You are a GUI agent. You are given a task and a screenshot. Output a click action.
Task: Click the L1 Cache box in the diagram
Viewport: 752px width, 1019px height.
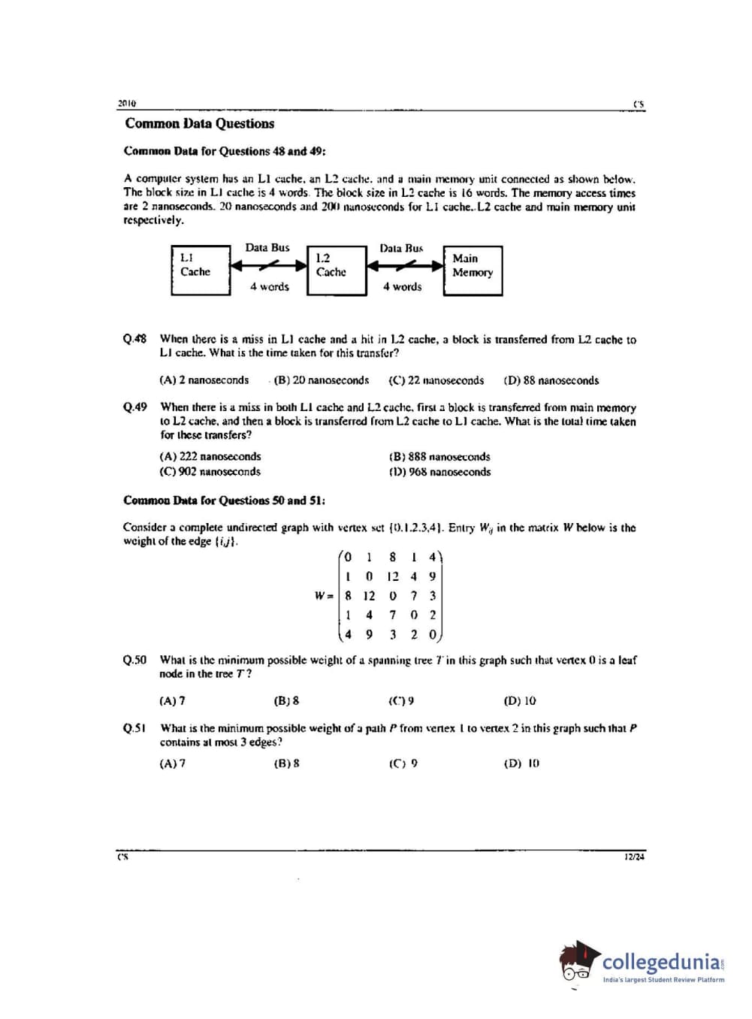pyautogui.click(x=200, y=271)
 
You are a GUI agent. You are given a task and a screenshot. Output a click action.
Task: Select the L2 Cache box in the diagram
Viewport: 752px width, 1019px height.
pyautogui.click(x=336, y=271)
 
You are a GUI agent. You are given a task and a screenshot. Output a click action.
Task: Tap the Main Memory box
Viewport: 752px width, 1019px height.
pyautogui.click(x=473, y=271)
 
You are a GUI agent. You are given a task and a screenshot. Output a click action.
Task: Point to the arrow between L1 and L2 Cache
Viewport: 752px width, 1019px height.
pyautogui.click(x=268, y=265)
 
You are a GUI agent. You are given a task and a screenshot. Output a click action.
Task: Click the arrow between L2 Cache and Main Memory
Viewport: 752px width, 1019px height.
pyautogui.click(x=405, y=265)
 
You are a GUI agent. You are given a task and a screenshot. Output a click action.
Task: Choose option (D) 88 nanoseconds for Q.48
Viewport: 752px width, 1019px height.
pyautogui.click(x=551, y=381)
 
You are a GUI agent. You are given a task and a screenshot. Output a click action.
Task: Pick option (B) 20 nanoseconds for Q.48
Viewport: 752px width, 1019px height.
pyautogui.click(x=322, y=381)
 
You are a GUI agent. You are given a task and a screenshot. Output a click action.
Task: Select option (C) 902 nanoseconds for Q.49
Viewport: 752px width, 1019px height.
pyautogui.click(x=210, y=472)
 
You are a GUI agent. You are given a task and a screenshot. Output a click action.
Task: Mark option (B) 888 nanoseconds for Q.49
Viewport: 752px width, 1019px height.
pyautogui.click(x=439, y=457)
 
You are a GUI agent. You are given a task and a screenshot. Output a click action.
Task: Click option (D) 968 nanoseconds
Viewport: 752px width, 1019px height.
pyautogui.click(x=439, y=472)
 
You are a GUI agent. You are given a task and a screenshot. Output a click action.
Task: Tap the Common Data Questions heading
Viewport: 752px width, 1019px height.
pyautogui.click(x=199, y=124)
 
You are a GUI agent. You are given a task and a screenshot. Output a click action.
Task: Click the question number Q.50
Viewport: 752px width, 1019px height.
pyautogui.click(x=135, y=661)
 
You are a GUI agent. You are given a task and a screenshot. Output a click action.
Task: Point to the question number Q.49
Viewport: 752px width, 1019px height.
pyautogui.click(x=135, y=407)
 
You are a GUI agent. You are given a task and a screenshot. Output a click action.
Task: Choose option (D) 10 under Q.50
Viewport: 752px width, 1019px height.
pyautogui.click(x=520, y=701)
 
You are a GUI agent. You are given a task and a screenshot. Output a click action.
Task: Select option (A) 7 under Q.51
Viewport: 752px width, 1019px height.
pyautogui.click(x=172, y=763)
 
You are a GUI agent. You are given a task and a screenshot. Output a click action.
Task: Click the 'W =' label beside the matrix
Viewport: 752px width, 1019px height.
pyautogui.click(x=324, y=596)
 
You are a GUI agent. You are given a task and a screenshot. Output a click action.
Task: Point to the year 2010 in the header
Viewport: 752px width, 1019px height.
pyautogui.click(x=126, y=104)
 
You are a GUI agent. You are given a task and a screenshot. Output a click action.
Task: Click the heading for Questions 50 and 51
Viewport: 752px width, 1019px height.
pyautogui.click(x=224, y=500)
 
